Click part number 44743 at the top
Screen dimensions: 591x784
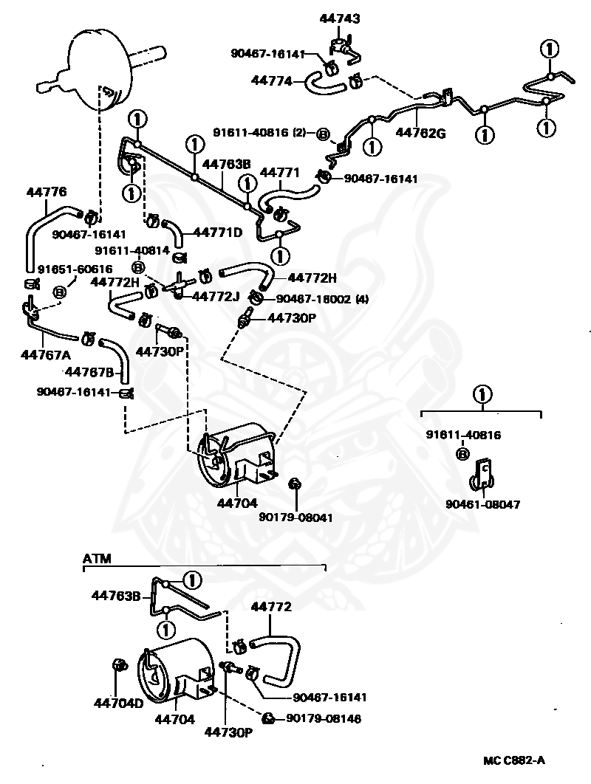pyautogui.click(x=340, y=19)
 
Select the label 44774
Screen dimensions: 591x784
pyautogui.click(x=272, y=80)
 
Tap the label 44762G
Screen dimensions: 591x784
pyautogui.click(x=420, y=133)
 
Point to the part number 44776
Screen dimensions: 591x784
pyautogui.click(x=46, y=192)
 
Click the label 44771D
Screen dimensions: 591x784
pyautogui.click(x=218, y=233)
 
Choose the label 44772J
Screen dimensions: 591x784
pyautogui.click(x=216, y=297)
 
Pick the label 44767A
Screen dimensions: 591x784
pyautogui.click(x=46, y=354)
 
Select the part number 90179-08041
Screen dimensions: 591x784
pyautogui.click(x=295, y=517)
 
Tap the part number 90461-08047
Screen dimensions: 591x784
pyautogui.click(x=483, y=504)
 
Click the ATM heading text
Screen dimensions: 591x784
pyautogui.click(x=97, y=559)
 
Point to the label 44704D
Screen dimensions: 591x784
pyautogui.click(x=119, y=703)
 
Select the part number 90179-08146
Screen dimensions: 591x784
pyautogui.click(x=324, y=718)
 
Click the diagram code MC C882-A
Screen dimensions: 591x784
pyautogui.click(x=514, y=760)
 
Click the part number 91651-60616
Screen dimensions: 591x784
pyautogui.click(x=75, y=269)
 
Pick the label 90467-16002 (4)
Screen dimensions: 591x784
pyautogui.click(x=322, y=299)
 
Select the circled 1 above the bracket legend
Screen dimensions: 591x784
pyautogui.click(x=482, y=395)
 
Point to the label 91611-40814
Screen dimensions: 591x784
pyautogui.click(x=132, y=250)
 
